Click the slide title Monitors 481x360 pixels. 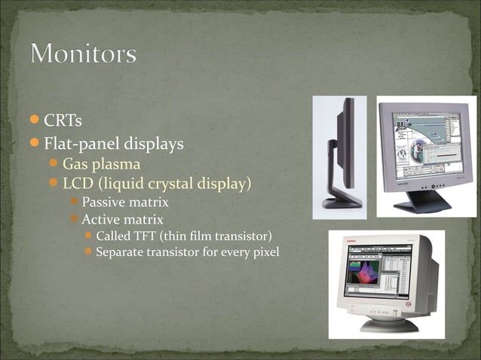[x=84, y=54]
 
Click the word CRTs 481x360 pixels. [x=63, y=121]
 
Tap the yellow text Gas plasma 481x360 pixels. [x=101, y=163]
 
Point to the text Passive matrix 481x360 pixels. [x=124, y=202]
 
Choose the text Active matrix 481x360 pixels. [x=121, y=219]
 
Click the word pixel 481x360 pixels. [x=264, y=252]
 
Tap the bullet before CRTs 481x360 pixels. [x=35, y=121]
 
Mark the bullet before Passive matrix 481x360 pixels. [x=73, y=202]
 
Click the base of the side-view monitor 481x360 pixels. [x=340, y=202]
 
